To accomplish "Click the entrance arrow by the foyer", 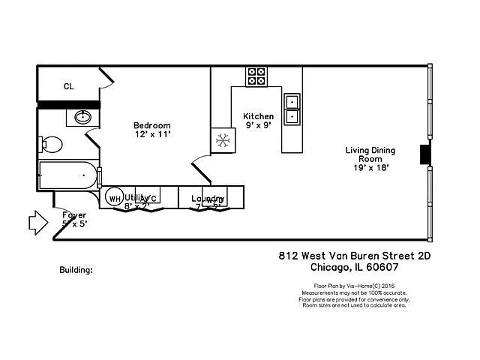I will [x=37, y=222].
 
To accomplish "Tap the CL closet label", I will [x=68, y=86].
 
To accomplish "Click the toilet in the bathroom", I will [x=51, y=143].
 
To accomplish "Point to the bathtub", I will [x=68, y=176].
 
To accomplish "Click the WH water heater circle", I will [x=114, y=199].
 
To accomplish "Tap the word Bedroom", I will [x=152, y=125].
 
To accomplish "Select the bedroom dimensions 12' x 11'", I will [x=153, y=134].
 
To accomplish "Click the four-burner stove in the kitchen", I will [x=256, y=76].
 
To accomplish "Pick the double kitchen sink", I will [x=292, y=109].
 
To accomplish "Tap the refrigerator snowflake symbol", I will [x=223, y=140].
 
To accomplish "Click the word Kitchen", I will [x=258, y=116].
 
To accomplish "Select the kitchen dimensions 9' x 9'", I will [x=258, y=126].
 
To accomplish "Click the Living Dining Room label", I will [x=370, y=154].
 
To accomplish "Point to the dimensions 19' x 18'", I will [x=370, y=168].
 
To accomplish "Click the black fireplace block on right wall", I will [x=425, y=154].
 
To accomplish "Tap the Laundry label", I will [x=208, y=199].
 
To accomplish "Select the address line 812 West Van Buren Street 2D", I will [x=354, y=255].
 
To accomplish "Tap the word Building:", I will [x=76, y=268].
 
